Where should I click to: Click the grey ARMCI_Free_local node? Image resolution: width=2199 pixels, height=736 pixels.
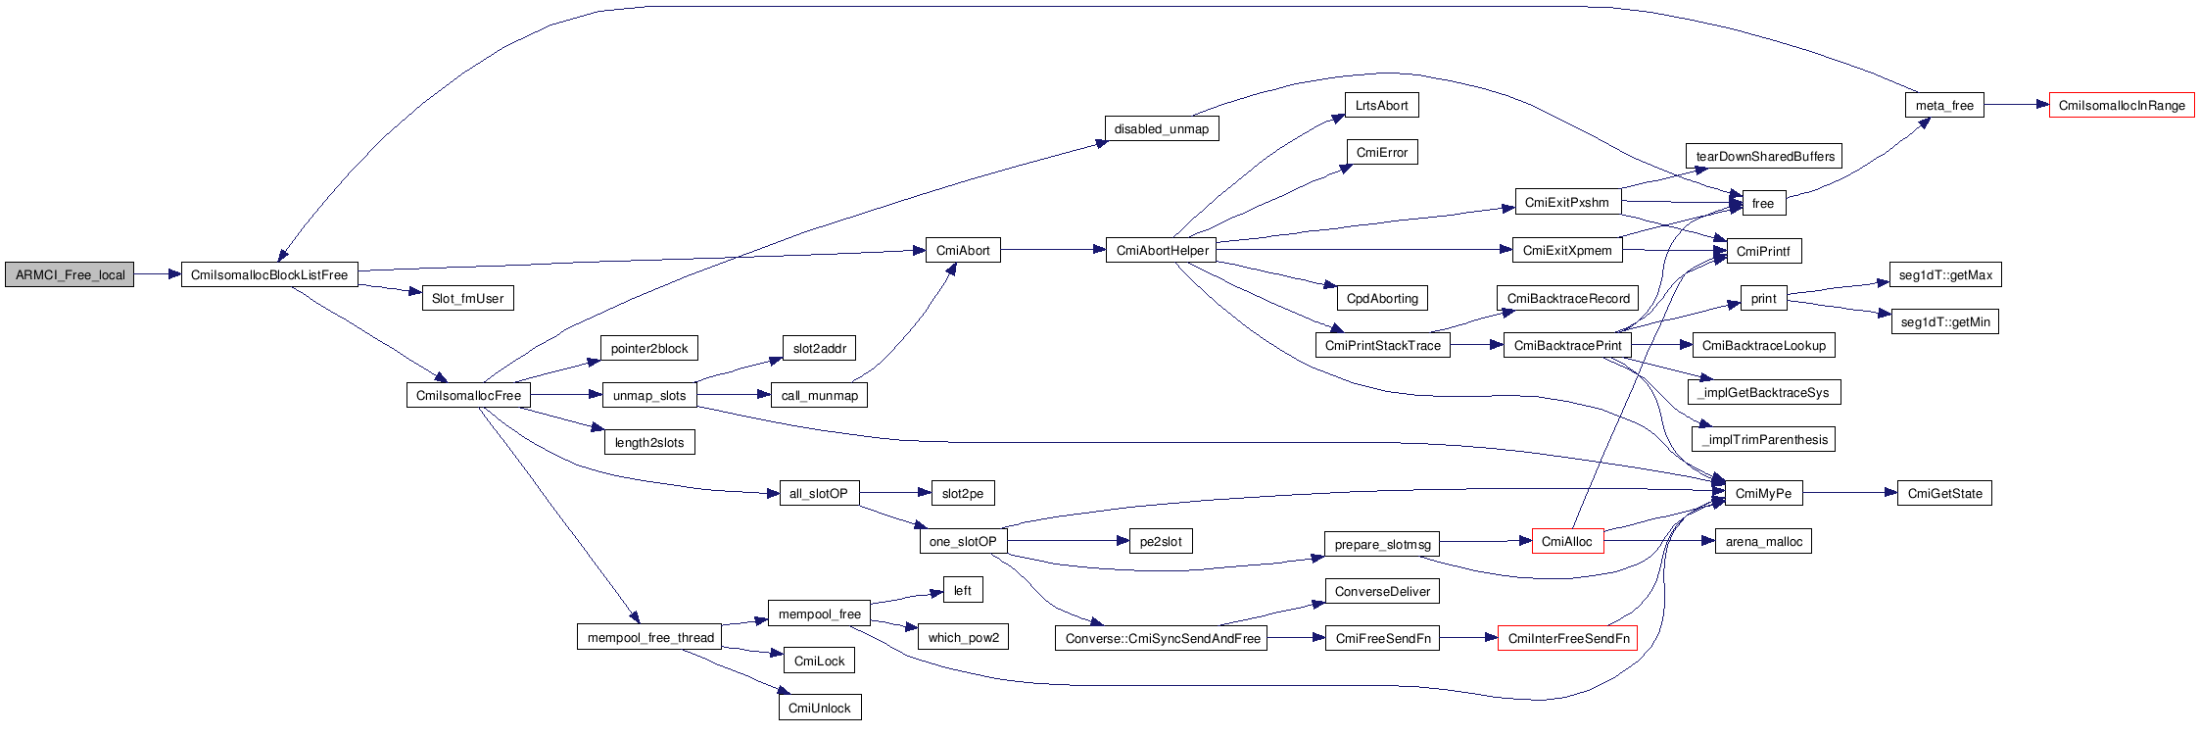coord(70,274)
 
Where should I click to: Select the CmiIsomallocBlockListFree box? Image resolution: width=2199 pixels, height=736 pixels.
coord(269,274)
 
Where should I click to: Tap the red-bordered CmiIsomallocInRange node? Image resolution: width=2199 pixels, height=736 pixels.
coord(2122,105)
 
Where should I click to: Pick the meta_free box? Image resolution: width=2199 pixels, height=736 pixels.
coord(1944,105)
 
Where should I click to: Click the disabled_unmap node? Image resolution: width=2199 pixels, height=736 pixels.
coord(1162,128)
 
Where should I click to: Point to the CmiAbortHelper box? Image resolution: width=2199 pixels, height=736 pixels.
coord(1162,250)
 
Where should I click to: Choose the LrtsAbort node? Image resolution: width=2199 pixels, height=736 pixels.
coord(1381,105)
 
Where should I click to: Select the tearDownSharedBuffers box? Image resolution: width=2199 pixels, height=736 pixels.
coord(1764,156)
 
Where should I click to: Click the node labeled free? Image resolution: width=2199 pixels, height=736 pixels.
coord(1763,203)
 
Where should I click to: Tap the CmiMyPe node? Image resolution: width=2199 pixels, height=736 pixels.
coord(1763,493)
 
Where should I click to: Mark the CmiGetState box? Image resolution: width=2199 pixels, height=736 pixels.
coord(1944,493)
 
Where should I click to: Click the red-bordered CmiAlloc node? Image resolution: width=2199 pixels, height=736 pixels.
coord(1567,541)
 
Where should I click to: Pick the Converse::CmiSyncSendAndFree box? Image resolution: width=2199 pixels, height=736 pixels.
coord(1162,638)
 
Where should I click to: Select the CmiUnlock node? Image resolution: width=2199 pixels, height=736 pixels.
coord(820,708)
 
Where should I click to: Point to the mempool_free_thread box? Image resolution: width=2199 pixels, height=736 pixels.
coord(650,637)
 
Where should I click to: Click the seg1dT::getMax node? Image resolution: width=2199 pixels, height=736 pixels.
coord(1945,274)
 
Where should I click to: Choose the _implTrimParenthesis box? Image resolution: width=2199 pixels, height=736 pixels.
coord(1764,439)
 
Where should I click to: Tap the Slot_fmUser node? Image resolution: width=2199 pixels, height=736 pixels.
coord(467,298)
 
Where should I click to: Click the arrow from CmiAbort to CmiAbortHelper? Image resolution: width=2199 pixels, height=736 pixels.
coord(1053,250)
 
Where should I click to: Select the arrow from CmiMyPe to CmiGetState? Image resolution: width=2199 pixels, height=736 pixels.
coord(1849,493)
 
